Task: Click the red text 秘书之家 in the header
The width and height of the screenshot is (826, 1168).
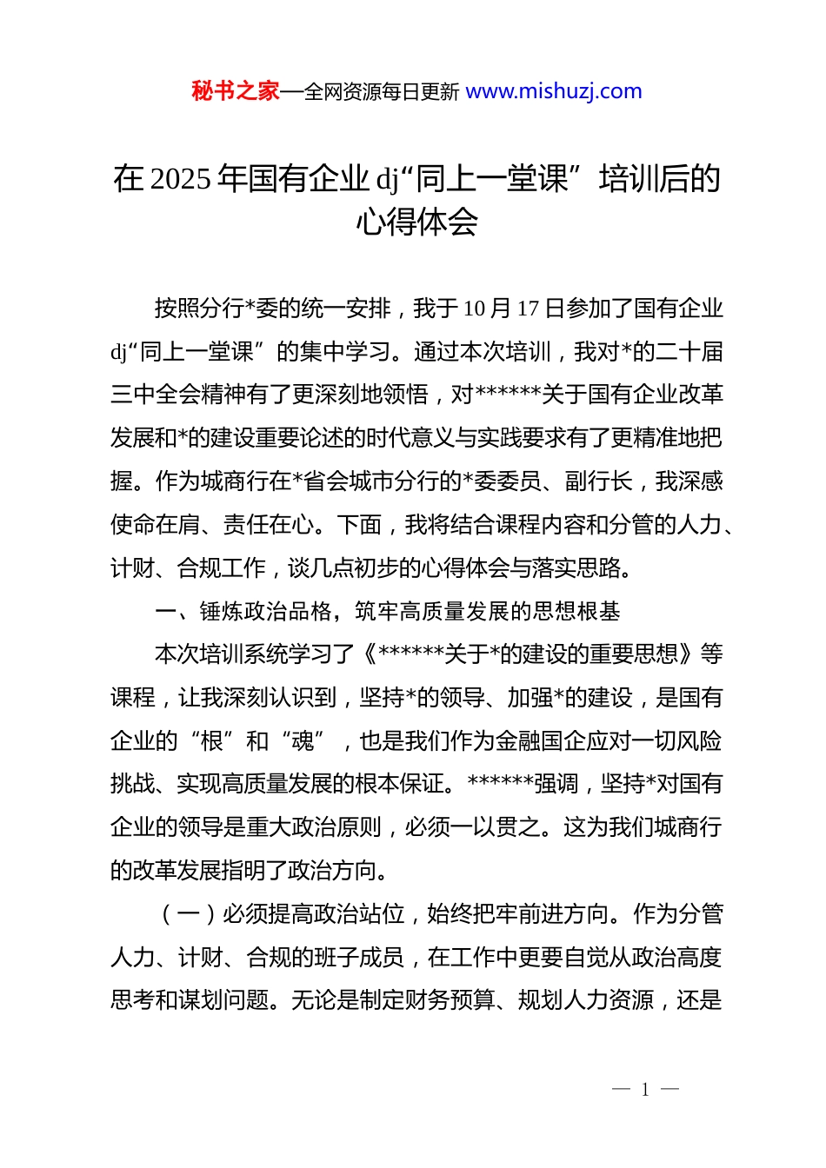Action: click(235, 91)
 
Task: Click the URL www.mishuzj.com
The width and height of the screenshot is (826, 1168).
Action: click(554, 91)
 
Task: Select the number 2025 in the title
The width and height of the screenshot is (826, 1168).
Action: click(180, 179)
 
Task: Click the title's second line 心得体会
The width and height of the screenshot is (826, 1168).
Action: click(416, 222)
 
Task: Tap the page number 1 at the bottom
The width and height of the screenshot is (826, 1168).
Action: click(645, 1090)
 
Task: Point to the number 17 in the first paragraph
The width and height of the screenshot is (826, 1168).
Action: click(528, 309)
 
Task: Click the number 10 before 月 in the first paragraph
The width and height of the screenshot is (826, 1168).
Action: click(474, 309)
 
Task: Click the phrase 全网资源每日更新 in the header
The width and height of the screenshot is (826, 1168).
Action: click(382, 91)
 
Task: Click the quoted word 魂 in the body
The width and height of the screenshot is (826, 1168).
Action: click(303, 741)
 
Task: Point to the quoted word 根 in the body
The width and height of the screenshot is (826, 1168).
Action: click(212, 741)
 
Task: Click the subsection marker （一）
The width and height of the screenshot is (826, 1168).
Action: click(188, 914)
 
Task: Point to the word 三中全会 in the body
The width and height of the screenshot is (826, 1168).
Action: click(155, 395)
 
